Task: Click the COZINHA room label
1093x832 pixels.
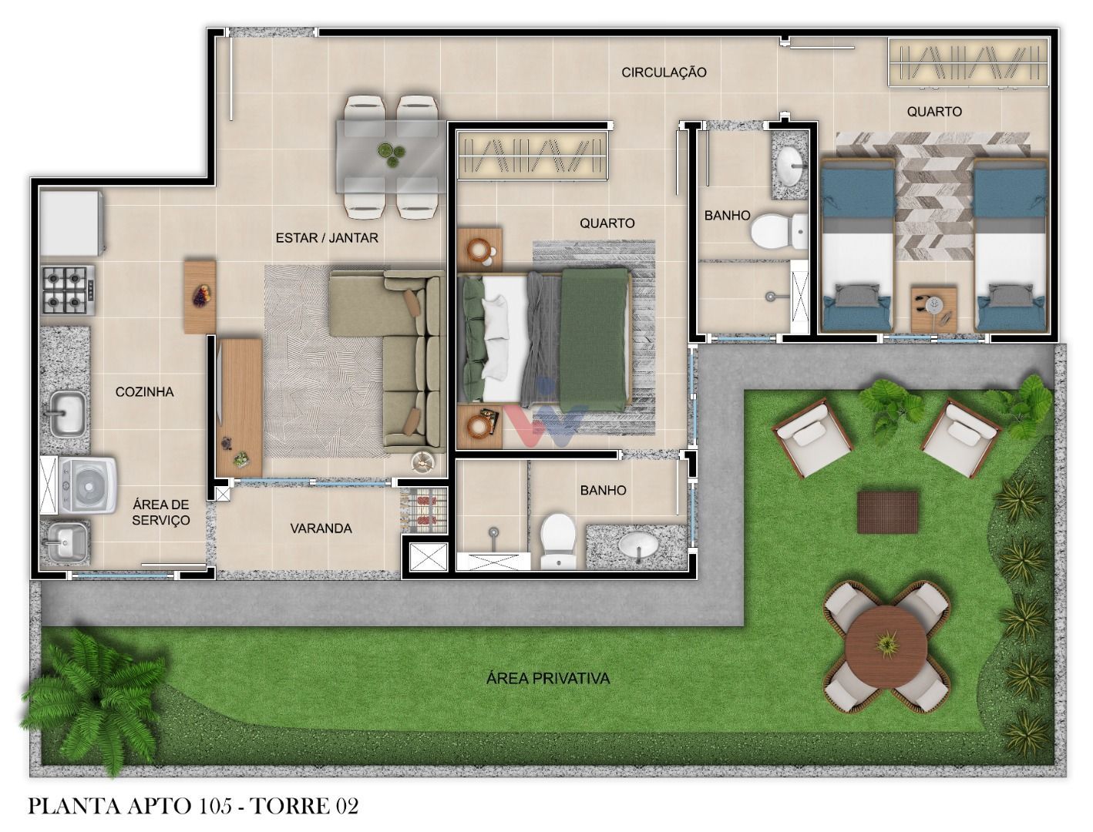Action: pos(144,392)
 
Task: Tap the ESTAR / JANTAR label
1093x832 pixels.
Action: pos(327,238)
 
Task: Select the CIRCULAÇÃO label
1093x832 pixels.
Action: pos(664,72)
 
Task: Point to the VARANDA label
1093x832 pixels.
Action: pos(321,528)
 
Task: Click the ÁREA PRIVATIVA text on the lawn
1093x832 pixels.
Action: pos(548,679)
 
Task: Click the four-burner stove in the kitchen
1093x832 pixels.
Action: pos(69,289)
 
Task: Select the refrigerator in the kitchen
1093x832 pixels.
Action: pos(71,222)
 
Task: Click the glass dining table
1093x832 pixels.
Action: pos(391,156)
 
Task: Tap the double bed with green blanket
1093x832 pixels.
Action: pos(547,339)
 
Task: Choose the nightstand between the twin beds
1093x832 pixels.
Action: pos(933,308)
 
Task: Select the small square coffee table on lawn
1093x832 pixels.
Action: pos(887,512)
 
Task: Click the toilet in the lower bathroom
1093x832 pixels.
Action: pos(557,539)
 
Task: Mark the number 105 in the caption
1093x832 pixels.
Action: pos(218,807)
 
